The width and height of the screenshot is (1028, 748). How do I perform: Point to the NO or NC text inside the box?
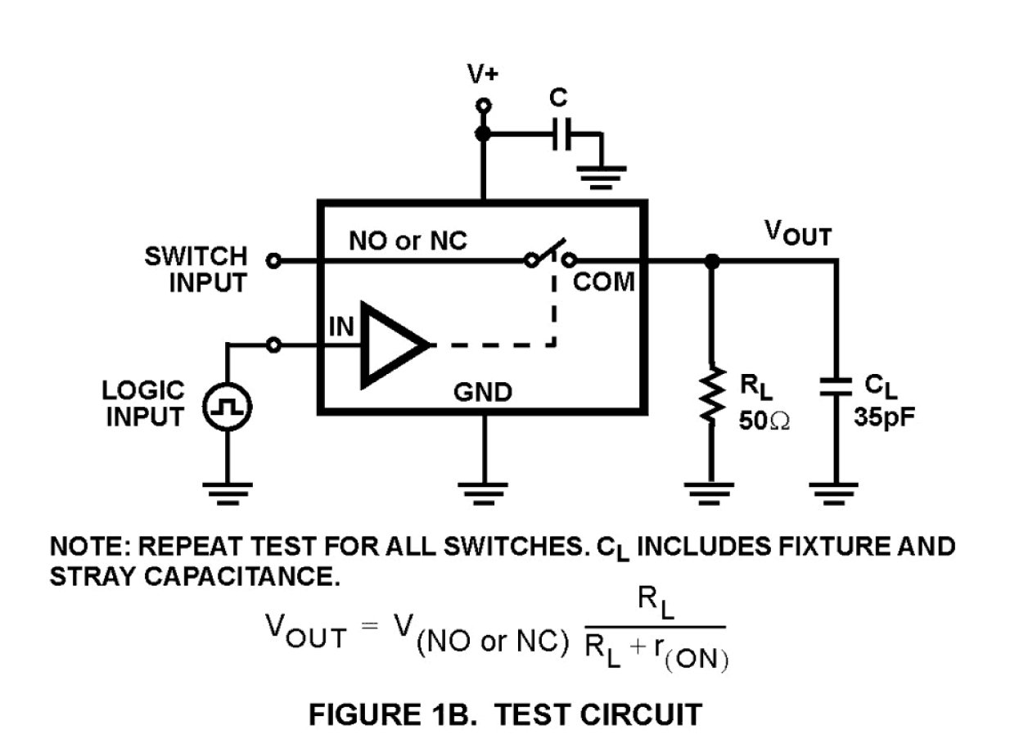click(x=408, y=241)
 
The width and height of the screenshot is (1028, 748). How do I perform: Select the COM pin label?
click(x=604, y=283)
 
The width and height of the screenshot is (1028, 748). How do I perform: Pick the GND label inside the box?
click(x=483, y=393)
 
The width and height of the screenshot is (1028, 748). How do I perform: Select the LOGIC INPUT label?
click(x=143, y=403)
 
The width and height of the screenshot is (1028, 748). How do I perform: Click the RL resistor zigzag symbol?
click(x=712, y=396)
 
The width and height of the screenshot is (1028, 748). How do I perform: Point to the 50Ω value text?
click(x=765, y=421)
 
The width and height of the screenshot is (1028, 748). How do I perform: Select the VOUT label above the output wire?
click(x=798, y=233)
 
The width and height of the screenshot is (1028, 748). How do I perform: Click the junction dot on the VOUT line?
click(x=712, y=261)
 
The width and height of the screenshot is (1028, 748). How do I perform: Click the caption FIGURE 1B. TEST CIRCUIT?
click(x=505, y=714)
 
